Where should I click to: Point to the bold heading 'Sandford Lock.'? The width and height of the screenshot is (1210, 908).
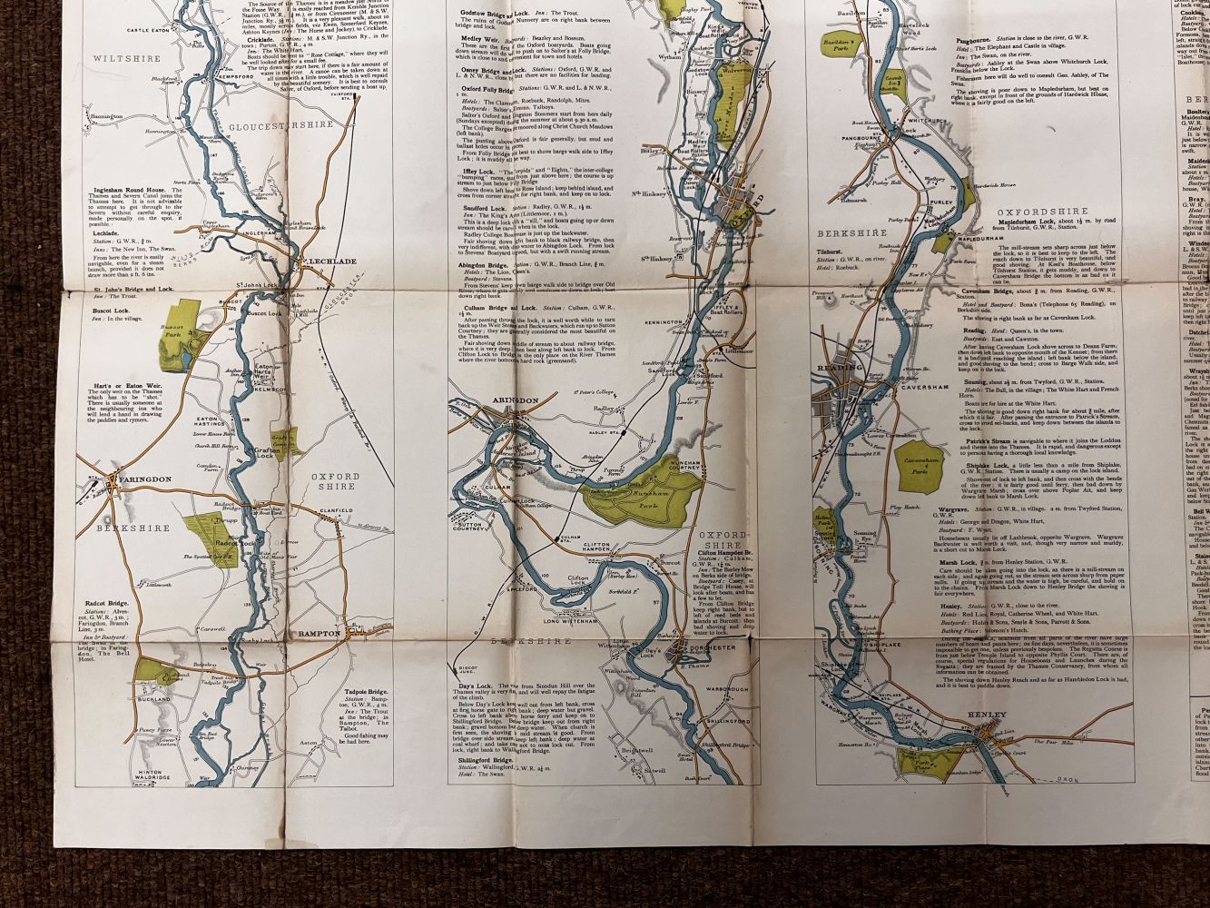[476, 207]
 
